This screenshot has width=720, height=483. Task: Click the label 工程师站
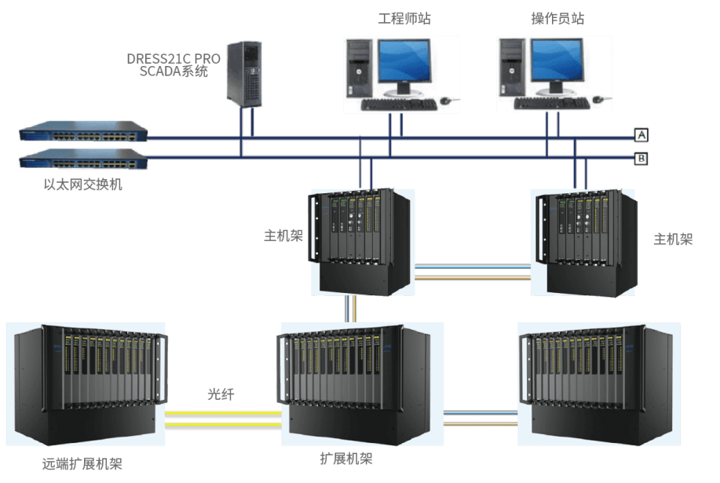coord(404,18)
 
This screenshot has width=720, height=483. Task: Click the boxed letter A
coord(641,136)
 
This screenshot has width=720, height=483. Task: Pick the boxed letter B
coord(641,159)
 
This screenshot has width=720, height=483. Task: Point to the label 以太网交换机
coord(82,186)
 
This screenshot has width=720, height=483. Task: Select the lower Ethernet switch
coord(82,161)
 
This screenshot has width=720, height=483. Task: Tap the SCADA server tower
coord(244,73)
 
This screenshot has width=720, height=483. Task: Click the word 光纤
coord(220,393)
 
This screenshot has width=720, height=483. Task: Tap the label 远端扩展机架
coord(82,464)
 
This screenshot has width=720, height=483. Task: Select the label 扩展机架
coord(346,459)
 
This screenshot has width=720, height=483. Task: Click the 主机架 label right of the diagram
coord(673,240)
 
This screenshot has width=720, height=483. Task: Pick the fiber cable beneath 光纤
coord(223,415)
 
